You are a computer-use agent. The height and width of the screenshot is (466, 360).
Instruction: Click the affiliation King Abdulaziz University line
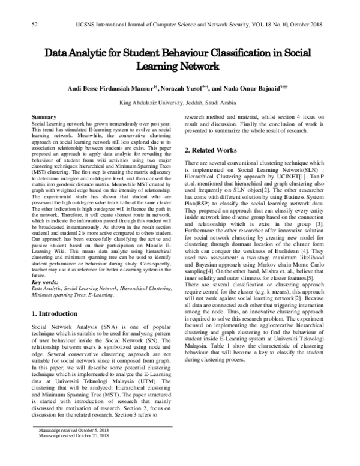(x=179, y=102)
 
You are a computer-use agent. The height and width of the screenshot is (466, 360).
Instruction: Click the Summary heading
(x=44, y=116)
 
